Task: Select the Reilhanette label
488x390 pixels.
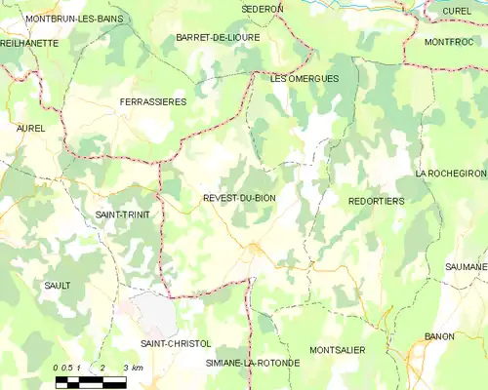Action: click(28, 44)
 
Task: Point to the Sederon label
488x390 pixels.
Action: click(263, 8)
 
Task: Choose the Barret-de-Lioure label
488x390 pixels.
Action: click(217, 37)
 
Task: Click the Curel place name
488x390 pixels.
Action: click(456, 10)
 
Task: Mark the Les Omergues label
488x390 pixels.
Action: click(304, 78)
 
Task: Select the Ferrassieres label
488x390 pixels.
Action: click(152, 101)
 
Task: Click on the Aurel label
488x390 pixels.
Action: click(31, 128)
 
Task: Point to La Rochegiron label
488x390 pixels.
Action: click(450, 173)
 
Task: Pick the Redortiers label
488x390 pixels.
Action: click(376, 200)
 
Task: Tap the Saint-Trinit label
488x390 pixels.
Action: click(122, 214)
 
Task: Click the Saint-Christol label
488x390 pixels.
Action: click(175, 343)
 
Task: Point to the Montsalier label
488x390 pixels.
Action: click(337, 349)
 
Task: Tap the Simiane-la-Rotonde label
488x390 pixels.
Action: click(253, 363)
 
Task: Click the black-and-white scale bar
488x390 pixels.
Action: click(90, 380)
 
